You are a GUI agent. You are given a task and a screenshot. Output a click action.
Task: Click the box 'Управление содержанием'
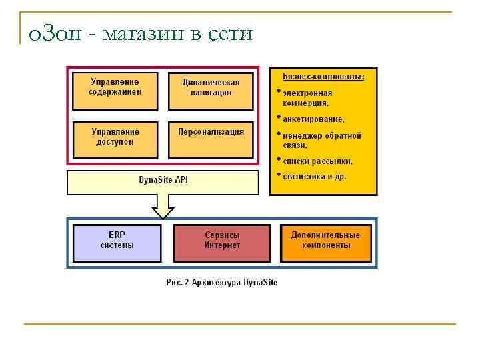pos(115,90)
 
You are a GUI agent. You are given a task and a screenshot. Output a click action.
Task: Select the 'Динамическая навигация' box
pos(211,90)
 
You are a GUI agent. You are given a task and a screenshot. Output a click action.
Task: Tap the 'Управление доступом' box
pos(115,139)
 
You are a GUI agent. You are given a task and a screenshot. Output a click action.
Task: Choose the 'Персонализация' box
pos(211,139)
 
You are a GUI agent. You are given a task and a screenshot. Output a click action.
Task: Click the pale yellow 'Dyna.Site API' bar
pos(163,182)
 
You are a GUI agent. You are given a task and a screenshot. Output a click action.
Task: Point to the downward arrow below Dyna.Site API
pos(163,207)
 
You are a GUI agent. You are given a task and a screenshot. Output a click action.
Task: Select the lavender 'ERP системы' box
pos(117,243)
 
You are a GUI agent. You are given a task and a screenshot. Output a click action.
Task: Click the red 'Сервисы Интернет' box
pos(222,243)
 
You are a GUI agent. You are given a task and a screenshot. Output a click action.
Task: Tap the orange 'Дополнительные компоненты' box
pos(325,243)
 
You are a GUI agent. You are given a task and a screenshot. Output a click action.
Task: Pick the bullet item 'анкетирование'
pos(313,119)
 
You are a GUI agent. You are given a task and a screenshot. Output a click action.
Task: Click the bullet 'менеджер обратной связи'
pos(321,140)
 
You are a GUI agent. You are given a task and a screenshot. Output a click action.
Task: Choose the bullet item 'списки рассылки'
pos(317,161)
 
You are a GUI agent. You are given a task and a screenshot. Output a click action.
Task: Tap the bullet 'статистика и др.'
pos(314,177)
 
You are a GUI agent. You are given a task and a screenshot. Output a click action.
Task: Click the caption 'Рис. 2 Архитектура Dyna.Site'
pos(222,282)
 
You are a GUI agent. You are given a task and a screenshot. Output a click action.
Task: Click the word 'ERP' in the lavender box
pos(117,235)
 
